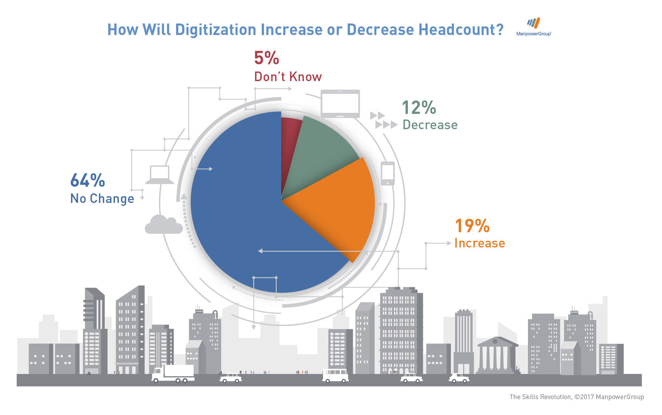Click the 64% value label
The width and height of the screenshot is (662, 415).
tap(87, 180)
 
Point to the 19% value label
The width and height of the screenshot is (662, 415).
tap(472, 226)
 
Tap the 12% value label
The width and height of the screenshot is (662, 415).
tap(419, 108)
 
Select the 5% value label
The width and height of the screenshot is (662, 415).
tap(267, 58)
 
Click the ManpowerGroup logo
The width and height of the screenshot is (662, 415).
tap(534, 27)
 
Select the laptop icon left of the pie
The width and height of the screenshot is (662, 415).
tap(160, 175)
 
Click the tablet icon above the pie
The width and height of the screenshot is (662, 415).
tap(340, 104)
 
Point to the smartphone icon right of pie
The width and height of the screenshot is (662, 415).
tap(388, 174)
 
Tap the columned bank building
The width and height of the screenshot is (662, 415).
tap(496, 355)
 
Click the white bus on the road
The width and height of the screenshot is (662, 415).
tap(335, 375)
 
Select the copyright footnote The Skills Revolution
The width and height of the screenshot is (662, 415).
tap(576, 397)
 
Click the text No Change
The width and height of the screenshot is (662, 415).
tap(102, 199)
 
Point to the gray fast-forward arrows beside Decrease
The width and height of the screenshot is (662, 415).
tap(383, 120)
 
